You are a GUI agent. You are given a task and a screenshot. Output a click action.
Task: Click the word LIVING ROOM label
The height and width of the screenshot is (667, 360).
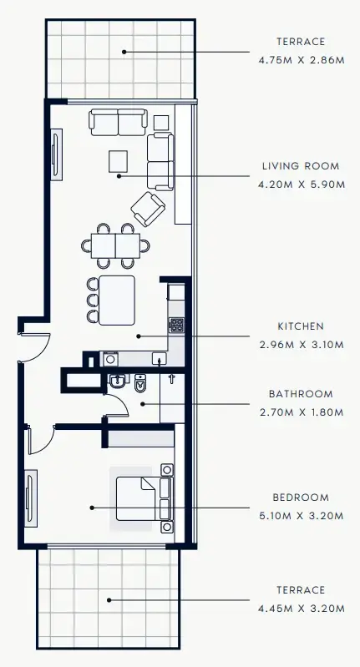point(301,166)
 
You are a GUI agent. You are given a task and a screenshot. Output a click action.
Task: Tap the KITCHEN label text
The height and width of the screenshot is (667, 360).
point(301,326)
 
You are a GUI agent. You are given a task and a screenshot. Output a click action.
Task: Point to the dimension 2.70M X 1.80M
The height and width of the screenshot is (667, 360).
point(301,411)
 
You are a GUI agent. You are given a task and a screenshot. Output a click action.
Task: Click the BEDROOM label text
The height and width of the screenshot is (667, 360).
point(301,498)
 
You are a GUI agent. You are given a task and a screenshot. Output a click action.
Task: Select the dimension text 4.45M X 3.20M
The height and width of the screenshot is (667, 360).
point(301,609)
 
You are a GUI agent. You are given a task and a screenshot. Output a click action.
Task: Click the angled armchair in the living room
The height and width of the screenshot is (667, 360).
point(148,209)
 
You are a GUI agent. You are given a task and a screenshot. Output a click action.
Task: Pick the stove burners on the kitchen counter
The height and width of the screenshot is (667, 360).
point(176,324)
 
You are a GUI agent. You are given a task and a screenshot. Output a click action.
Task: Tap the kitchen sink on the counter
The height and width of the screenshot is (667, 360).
point(158,358)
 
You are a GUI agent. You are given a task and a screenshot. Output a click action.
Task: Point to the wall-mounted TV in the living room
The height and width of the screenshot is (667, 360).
point(56,153)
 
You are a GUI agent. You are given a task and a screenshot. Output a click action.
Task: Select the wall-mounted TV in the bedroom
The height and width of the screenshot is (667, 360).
point(31,499)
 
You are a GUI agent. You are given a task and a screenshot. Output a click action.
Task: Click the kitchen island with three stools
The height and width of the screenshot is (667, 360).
point(116,300)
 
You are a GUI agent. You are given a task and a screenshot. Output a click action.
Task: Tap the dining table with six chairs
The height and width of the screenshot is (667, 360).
point(116,245)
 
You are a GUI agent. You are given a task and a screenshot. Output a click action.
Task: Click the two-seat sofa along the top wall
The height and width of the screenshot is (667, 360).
point(118,122)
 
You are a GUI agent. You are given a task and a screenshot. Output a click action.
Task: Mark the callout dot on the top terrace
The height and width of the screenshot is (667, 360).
point(124,52)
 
